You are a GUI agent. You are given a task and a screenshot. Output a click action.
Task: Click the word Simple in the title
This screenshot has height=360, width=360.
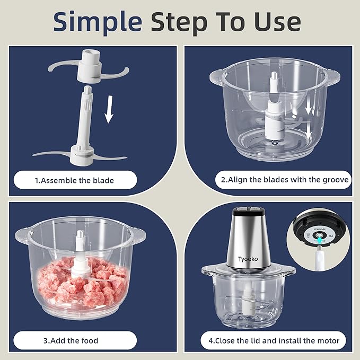[97, 22]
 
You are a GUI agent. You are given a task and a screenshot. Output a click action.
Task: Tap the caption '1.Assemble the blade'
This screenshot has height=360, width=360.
[74, 180]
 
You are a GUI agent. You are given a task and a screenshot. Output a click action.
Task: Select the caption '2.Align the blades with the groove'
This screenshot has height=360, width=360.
[285, 180]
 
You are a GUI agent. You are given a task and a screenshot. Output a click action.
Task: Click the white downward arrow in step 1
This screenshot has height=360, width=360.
[109, 109]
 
